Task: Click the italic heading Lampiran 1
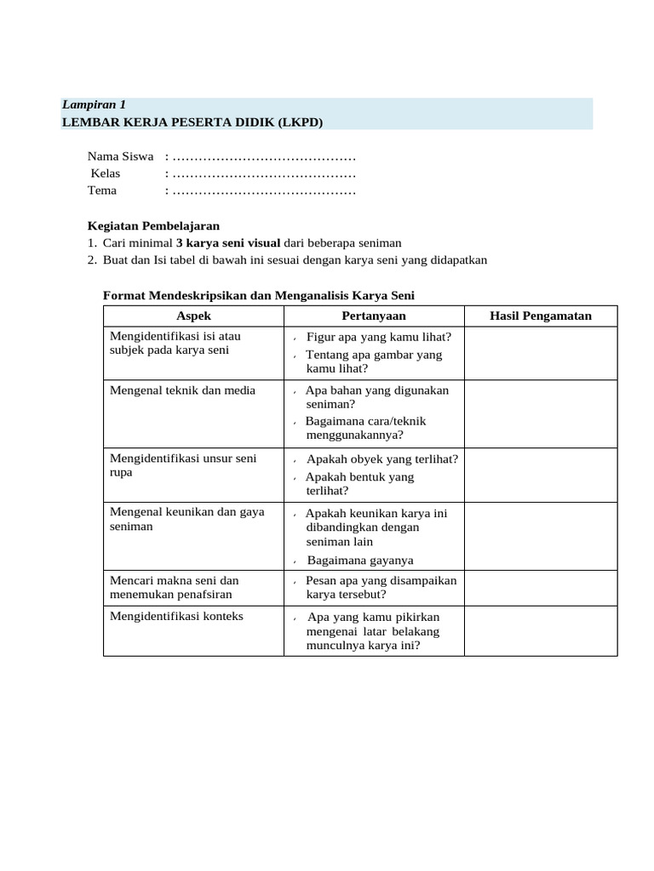point(94,105)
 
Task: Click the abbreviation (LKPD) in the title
point(300,122)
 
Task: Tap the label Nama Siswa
point(120,157)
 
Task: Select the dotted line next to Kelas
point(263,174)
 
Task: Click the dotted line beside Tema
point(263,191)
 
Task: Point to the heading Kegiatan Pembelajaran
point(154,226)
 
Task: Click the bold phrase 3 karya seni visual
point(227,243)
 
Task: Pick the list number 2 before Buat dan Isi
point(92,260)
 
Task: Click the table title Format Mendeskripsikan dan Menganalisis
point(259,295)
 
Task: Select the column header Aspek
point(193,316)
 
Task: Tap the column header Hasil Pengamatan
point(541,316)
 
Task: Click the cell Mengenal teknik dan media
point(183,390)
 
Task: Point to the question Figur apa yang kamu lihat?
point(378,337)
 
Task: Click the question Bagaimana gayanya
point(360,561)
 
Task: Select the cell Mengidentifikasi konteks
point(177,616)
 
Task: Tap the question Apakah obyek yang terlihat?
point(381,459)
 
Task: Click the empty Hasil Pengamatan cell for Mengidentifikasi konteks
point(541,630)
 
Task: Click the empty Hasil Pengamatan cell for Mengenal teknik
point(541,413)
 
